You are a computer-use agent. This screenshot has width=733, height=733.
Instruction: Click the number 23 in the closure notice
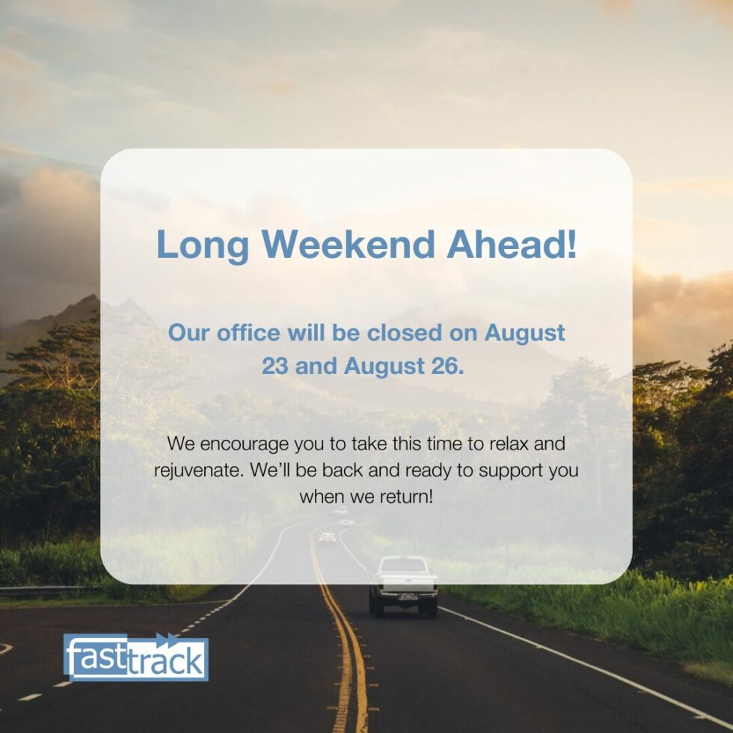275,366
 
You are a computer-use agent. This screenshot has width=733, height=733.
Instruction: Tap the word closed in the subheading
405,332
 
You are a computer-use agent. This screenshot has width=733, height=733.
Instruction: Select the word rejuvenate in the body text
199,470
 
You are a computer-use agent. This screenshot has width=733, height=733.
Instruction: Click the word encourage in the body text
245,444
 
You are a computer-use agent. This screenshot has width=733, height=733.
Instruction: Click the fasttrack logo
135,657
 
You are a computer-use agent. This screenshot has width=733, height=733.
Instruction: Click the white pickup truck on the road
403,586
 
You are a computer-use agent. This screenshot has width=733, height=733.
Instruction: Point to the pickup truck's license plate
408,597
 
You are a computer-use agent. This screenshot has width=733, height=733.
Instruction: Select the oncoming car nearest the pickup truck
328,538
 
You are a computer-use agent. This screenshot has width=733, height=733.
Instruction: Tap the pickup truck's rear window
402,565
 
